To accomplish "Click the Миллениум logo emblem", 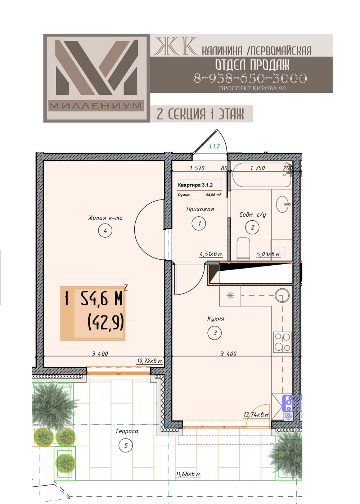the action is [96, 78].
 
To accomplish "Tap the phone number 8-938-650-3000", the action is [251, 78].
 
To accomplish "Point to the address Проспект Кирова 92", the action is [252, 89].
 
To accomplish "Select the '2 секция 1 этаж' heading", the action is [200, 114].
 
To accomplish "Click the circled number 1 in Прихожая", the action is [199, 224].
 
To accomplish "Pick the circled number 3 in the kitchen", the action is [215, 333].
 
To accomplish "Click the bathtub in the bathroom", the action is [262, 175].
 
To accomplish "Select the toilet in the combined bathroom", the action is [243, 248].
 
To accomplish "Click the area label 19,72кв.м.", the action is [150, 361].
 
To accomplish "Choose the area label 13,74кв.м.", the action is [256, 414].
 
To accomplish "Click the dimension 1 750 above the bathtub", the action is [258, 168].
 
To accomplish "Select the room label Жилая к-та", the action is [105, 218].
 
